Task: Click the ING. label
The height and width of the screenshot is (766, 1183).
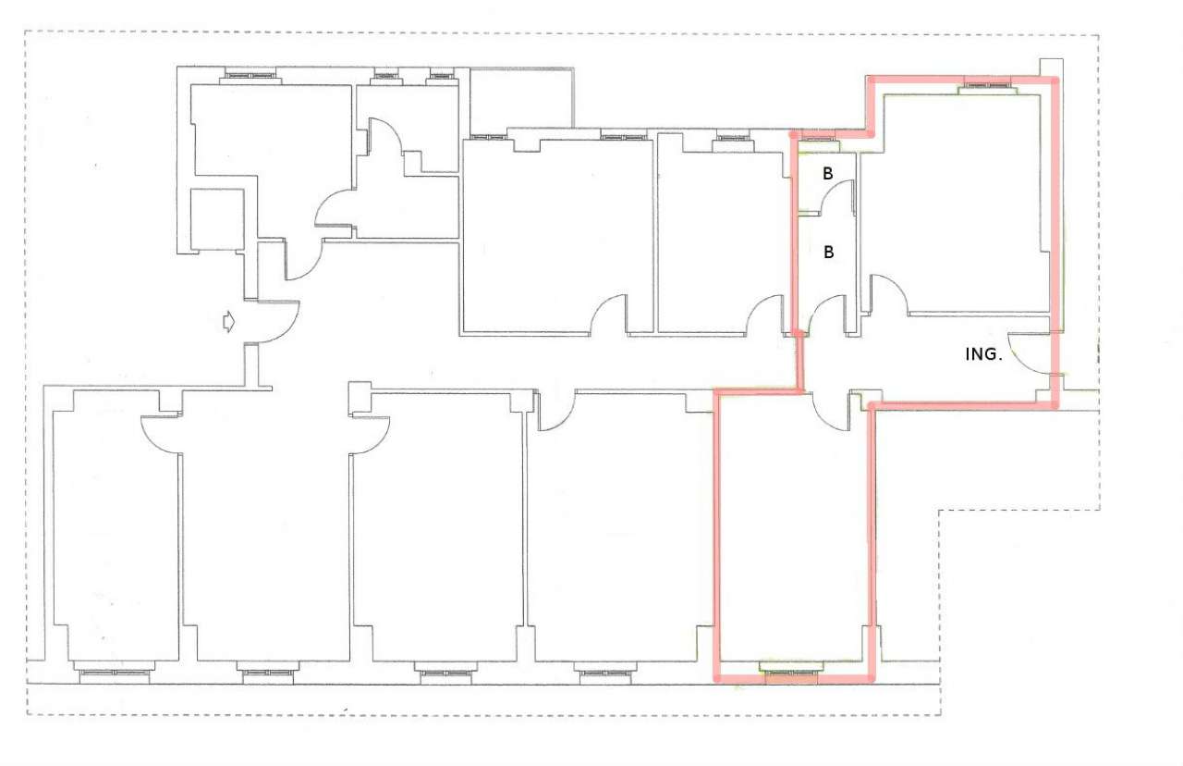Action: point(983,354)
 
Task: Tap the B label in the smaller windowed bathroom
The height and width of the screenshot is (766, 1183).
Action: point(828,173)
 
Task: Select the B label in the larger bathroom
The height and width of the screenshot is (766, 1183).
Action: point(828,251)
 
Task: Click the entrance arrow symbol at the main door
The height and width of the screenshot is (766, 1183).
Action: point(226,322)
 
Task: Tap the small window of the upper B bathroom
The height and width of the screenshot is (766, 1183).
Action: point(817,140)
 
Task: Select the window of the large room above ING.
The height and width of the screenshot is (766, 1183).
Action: point(987,87)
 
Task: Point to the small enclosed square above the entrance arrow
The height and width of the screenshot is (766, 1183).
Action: point(217,219)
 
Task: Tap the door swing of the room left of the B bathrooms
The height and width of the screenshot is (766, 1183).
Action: point(766,315)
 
